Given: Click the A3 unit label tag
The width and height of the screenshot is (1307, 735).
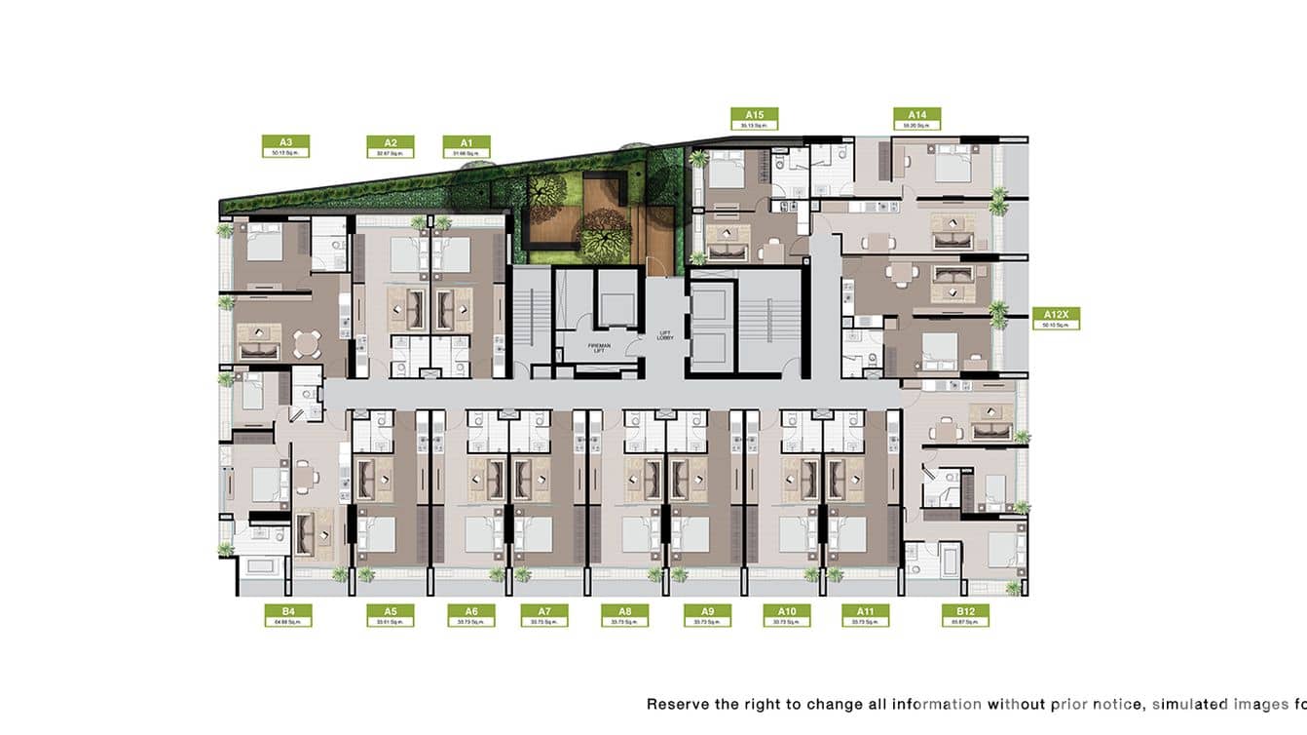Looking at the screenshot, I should click(285, 146).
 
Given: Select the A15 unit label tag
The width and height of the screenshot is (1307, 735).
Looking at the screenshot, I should click(754, 119).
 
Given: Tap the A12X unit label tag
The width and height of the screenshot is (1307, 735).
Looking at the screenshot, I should click(1056, 319).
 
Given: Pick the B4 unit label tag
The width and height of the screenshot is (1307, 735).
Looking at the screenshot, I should click(288, 615).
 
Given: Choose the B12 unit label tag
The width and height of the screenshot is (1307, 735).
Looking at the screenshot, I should click(965, 615).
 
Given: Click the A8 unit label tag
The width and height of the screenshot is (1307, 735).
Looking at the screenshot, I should click(624, 615).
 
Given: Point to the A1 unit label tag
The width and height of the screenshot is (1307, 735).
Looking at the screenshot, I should click(467, 146).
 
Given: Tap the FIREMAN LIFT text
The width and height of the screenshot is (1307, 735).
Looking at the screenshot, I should click(598, 347).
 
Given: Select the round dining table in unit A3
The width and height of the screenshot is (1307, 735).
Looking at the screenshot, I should click(308, 342).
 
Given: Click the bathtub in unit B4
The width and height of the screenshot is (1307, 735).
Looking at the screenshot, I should click(261, 568).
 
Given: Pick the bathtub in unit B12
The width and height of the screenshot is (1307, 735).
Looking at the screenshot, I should click(949, 561).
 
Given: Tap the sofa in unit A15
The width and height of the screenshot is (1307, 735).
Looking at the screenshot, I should click(726, 251).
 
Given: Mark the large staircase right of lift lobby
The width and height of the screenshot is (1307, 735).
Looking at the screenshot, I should click(767, 322).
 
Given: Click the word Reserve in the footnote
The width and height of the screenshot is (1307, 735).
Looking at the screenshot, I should click(678, 703).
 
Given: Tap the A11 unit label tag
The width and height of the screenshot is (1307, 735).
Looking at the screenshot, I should click(865, 615).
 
